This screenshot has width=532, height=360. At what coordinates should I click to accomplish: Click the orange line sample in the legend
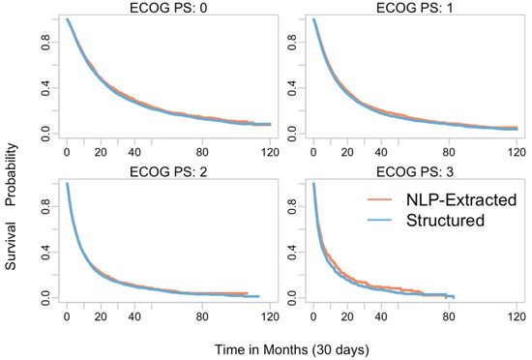[384, 199]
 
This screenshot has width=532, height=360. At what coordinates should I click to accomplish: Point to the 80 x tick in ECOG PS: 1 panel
[449, 153]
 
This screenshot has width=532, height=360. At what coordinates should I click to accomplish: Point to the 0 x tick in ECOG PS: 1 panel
[313, 153]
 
